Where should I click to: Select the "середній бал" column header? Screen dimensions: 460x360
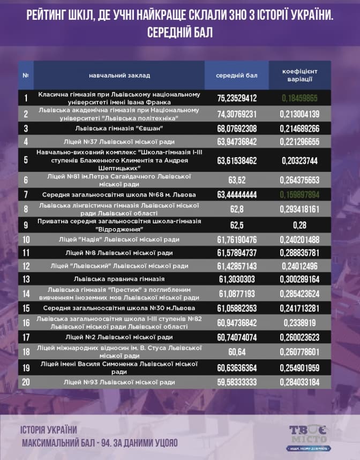(236, 75)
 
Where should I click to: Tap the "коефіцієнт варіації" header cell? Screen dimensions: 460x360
(299, 75)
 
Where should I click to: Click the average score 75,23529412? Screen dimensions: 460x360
(237, 98)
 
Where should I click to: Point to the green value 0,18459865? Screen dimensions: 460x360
(299, 98)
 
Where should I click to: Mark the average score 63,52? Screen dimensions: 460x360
(237, 179)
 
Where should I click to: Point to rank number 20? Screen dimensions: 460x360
(26, 382)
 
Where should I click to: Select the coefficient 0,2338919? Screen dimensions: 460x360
(299, 323)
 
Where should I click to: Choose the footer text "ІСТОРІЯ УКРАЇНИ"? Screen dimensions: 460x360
(49, 429)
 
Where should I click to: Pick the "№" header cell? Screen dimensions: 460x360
(26, 75)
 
